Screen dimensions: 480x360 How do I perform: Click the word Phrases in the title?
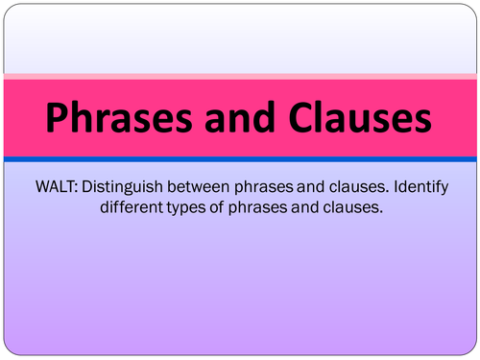[x=119, y=117]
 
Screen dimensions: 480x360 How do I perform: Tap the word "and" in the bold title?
[x=240, y=116]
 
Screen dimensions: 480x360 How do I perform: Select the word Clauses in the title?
[x=360, y=116]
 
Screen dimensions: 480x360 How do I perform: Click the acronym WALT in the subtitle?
[x=57, y=186]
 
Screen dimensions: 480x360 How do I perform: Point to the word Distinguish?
[x=122, y=187]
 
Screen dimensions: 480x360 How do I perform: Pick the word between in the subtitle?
[x=199, y=186]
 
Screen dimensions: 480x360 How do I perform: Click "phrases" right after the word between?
[x=264, y=187]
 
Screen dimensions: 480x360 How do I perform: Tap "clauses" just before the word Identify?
[x=359, y=186]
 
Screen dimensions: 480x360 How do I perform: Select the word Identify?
[x=420, y=187]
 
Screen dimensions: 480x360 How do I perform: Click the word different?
[x=132, y=207]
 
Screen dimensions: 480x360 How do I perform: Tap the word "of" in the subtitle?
[x=217, y=207]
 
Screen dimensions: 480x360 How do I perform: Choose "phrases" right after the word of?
[x=257, y=208]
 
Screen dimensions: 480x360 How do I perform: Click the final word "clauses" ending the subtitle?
[x=352, y=207]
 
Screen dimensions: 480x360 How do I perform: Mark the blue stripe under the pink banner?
[x=240, y=159]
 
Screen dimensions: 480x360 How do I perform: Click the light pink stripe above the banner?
[x=240, y=77]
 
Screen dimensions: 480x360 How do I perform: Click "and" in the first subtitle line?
[x=310, y=186]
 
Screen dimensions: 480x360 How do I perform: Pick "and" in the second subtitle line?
[x=304, y=207]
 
